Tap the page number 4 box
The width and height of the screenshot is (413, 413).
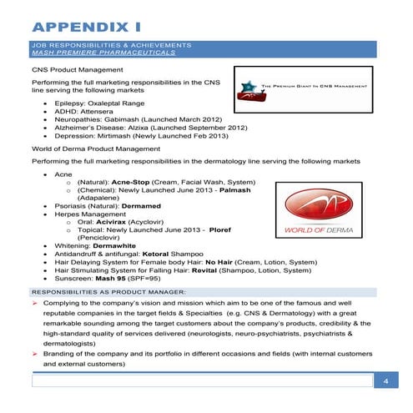click(385, 381)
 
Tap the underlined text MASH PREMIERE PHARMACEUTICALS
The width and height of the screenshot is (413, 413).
click(103, 52)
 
